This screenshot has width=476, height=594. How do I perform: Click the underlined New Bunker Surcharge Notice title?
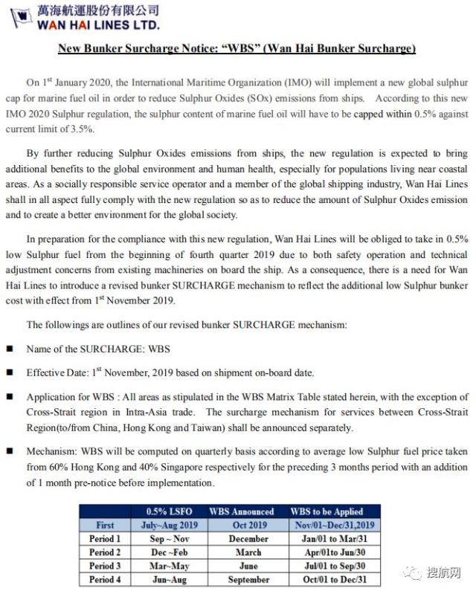click(x=237, y=49)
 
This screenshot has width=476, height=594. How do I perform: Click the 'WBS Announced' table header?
click(x=241, y=511)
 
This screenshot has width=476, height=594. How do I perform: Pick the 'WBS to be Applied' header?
click(x=327, y=511)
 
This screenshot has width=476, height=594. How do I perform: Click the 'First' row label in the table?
click(x=105, y=525)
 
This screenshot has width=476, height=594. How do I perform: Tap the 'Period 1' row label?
click(x=105, y=538)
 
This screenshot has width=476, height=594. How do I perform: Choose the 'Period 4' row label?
click(x=105, y=579)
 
